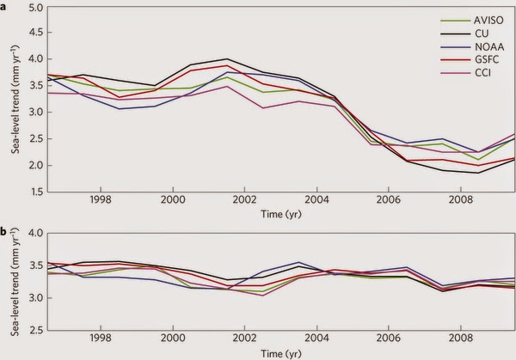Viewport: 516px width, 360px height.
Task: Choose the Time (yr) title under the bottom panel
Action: (280, 353)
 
